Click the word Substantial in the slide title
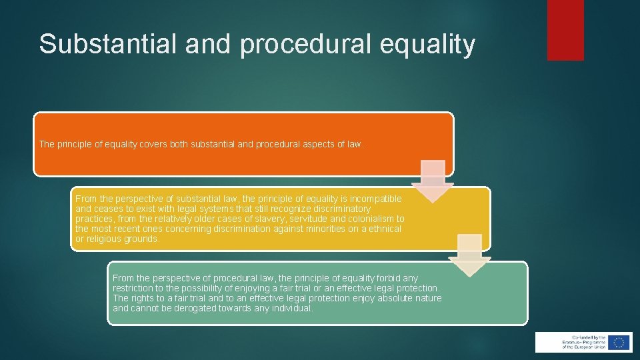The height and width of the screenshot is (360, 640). tap(97, 44)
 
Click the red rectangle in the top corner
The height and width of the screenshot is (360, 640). tap(565, 29)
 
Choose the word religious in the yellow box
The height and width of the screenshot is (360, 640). tap(105, 239)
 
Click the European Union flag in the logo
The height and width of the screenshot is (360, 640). tap(619, 342)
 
